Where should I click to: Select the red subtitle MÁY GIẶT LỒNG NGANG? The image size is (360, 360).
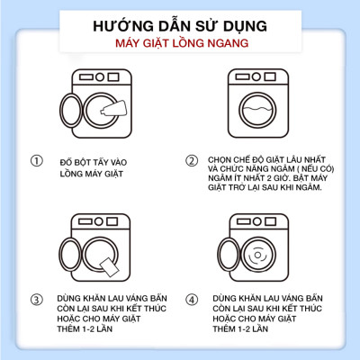pyautogui.click(x=179, y=45)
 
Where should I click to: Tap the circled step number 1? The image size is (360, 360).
pyautogui.click(x=36, y=161)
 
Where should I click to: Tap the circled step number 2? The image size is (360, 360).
pyautogui.click(x=191, y=161)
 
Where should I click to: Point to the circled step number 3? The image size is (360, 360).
pyautogui.click(x=36, y=300)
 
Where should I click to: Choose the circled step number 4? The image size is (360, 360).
pyautogui.click(x=191, y=300)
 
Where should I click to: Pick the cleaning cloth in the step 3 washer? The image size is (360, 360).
pyautogui.click(x=115, y=265)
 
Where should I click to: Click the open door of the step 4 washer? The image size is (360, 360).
pyautogui.click(x=234, y=256)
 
